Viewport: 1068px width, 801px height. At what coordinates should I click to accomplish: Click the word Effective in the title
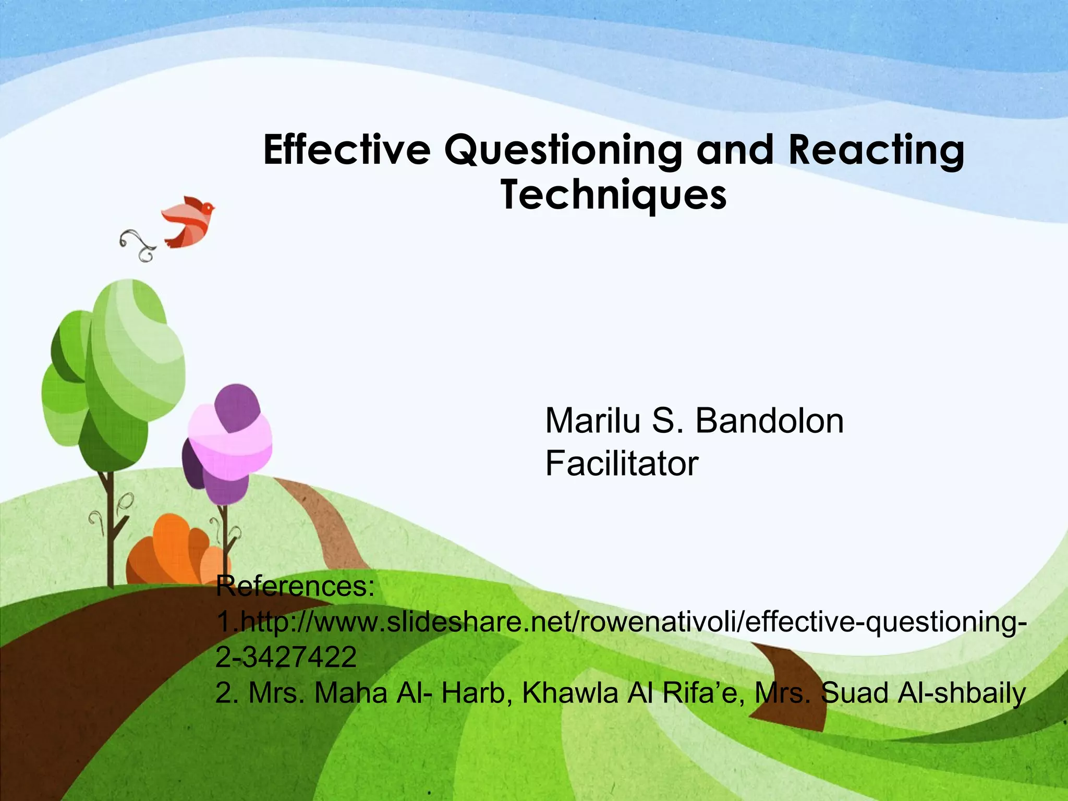pyautogui.click(x=347, y=150)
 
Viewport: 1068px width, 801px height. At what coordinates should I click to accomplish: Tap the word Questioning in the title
pyautogui.click(x=563, y=150)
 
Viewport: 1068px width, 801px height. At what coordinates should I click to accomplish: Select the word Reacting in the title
pyautogui.click(x=876, y=150)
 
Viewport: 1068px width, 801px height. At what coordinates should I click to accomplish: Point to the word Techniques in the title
pyautogui.click(x=614, y=196)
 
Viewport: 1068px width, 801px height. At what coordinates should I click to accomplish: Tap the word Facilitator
pyautogui.click(x=622, y=464)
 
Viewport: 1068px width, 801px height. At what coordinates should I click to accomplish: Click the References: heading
pyautogui.click(x=295, y=587)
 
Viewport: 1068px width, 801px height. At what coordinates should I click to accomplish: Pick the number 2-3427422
pyautogui.click(x=286, y=657)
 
